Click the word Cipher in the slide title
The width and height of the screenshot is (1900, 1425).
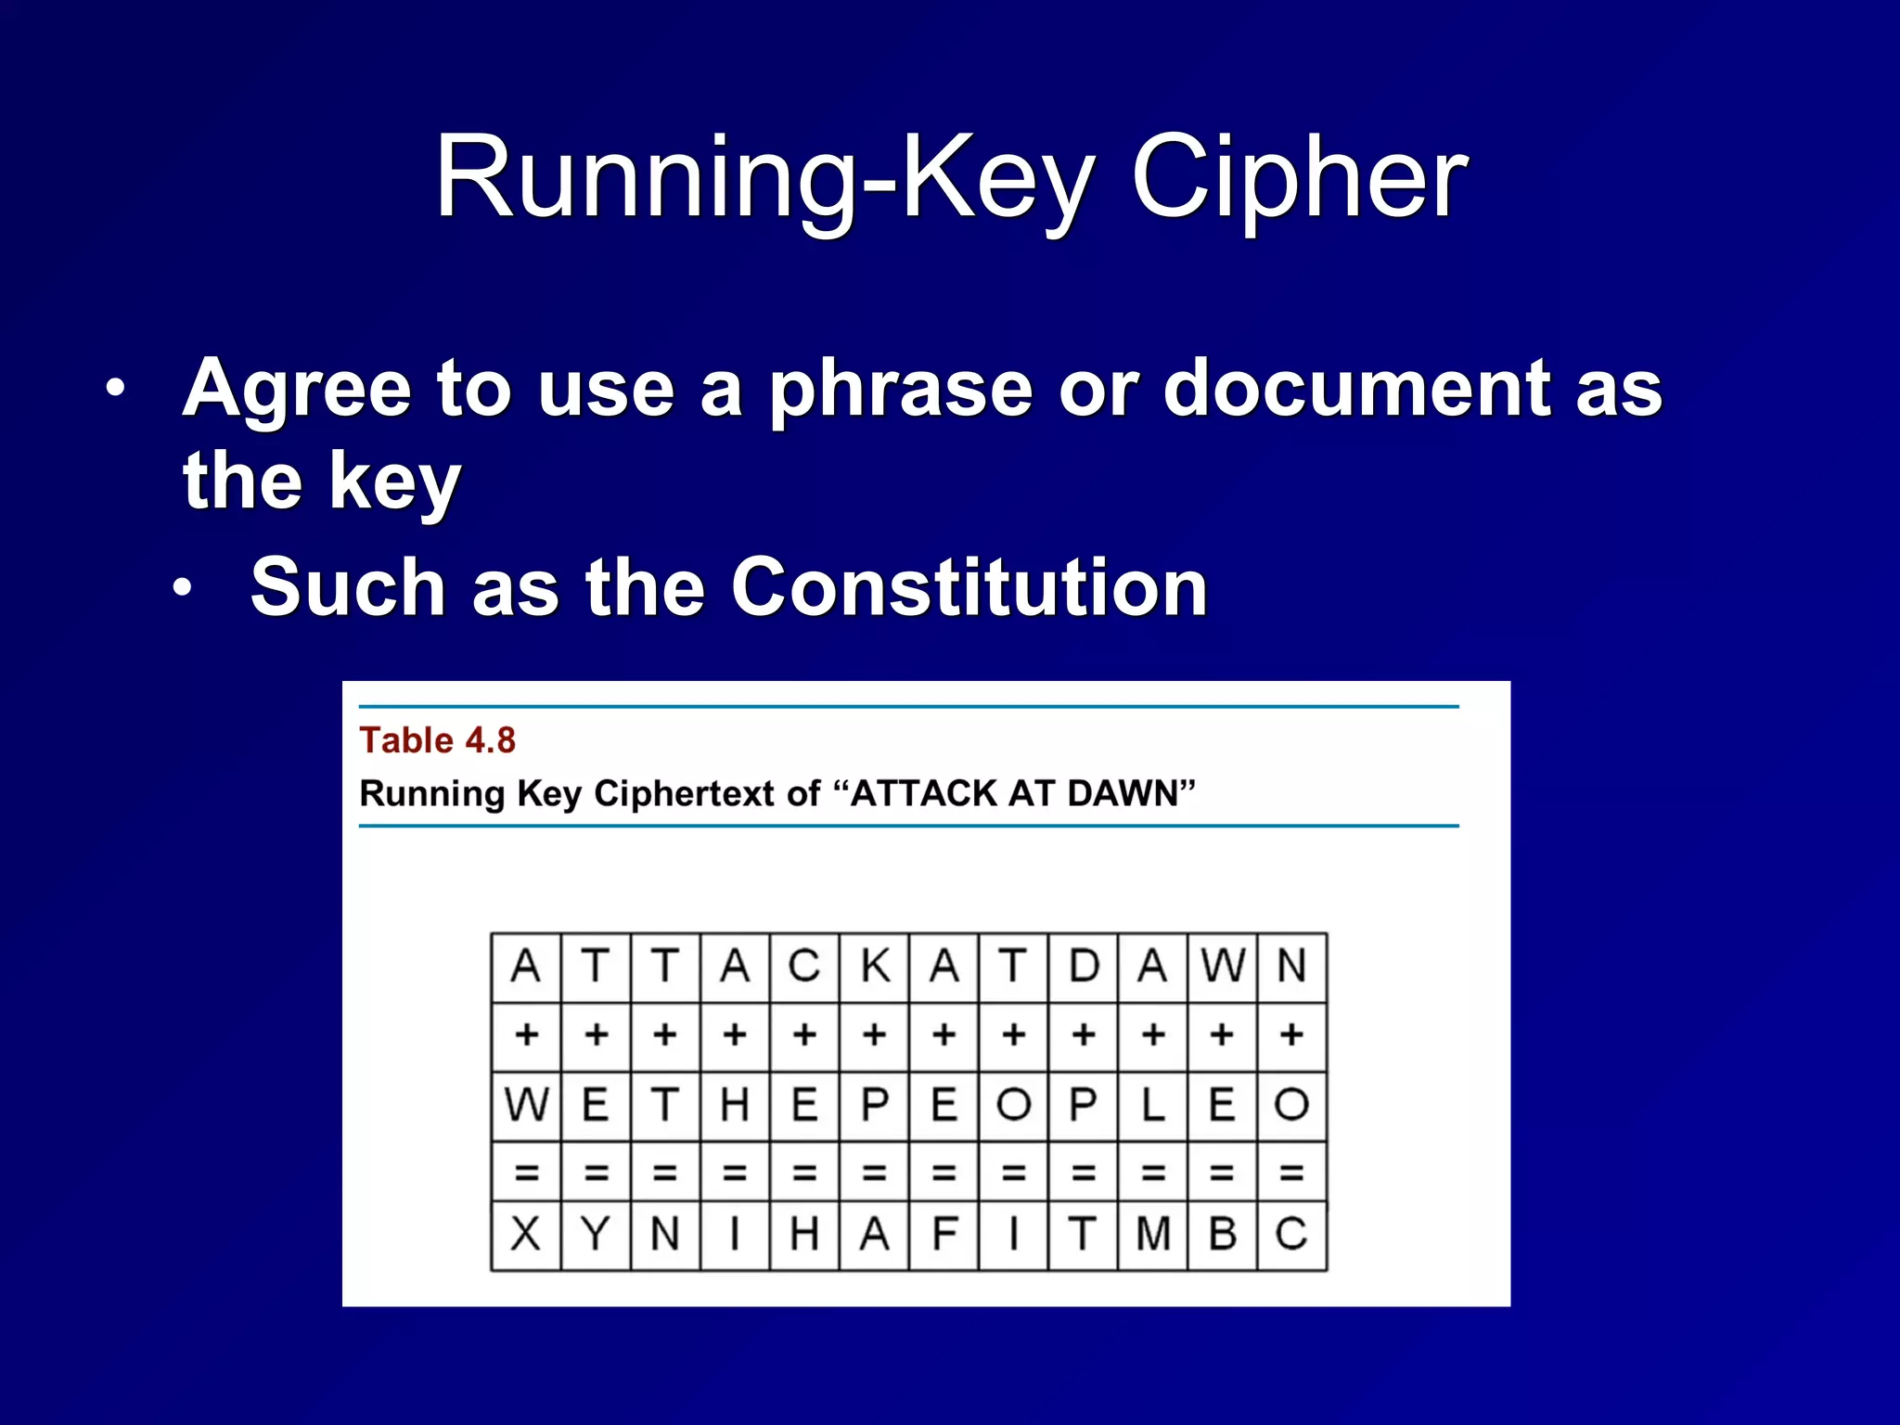coord(1299,178)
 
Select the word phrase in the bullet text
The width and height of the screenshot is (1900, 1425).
coord(900,390)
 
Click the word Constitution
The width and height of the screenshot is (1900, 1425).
coord(969,587)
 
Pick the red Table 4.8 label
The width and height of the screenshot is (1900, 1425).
coord(437,740)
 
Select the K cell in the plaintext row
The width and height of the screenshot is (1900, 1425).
coord(875,967)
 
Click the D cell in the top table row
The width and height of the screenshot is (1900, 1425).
coord(1084,967)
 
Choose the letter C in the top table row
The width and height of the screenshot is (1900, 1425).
coord(804,967)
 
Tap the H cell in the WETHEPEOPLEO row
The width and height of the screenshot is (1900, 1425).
coord(735,1105)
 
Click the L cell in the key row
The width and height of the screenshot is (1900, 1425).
coord(1153,1105)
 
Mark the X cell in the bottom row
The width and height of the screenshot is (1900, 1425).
coord(526,1235)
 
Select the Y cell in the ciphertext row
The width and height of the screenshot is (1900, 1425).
coord(596,1235)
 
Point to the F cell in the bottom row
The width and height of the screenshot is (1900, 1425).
coord(944,1235)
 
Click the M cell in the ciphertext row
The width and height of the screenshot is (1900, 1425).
coord(1153,1235)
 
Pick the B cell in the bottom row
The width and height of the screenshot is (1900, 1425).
coord(1223,1235)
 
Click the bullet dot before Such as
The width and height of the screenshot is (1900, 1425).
coord(184,587)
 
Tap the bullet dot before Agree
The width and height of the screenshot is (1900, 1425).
coord(115,390)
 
